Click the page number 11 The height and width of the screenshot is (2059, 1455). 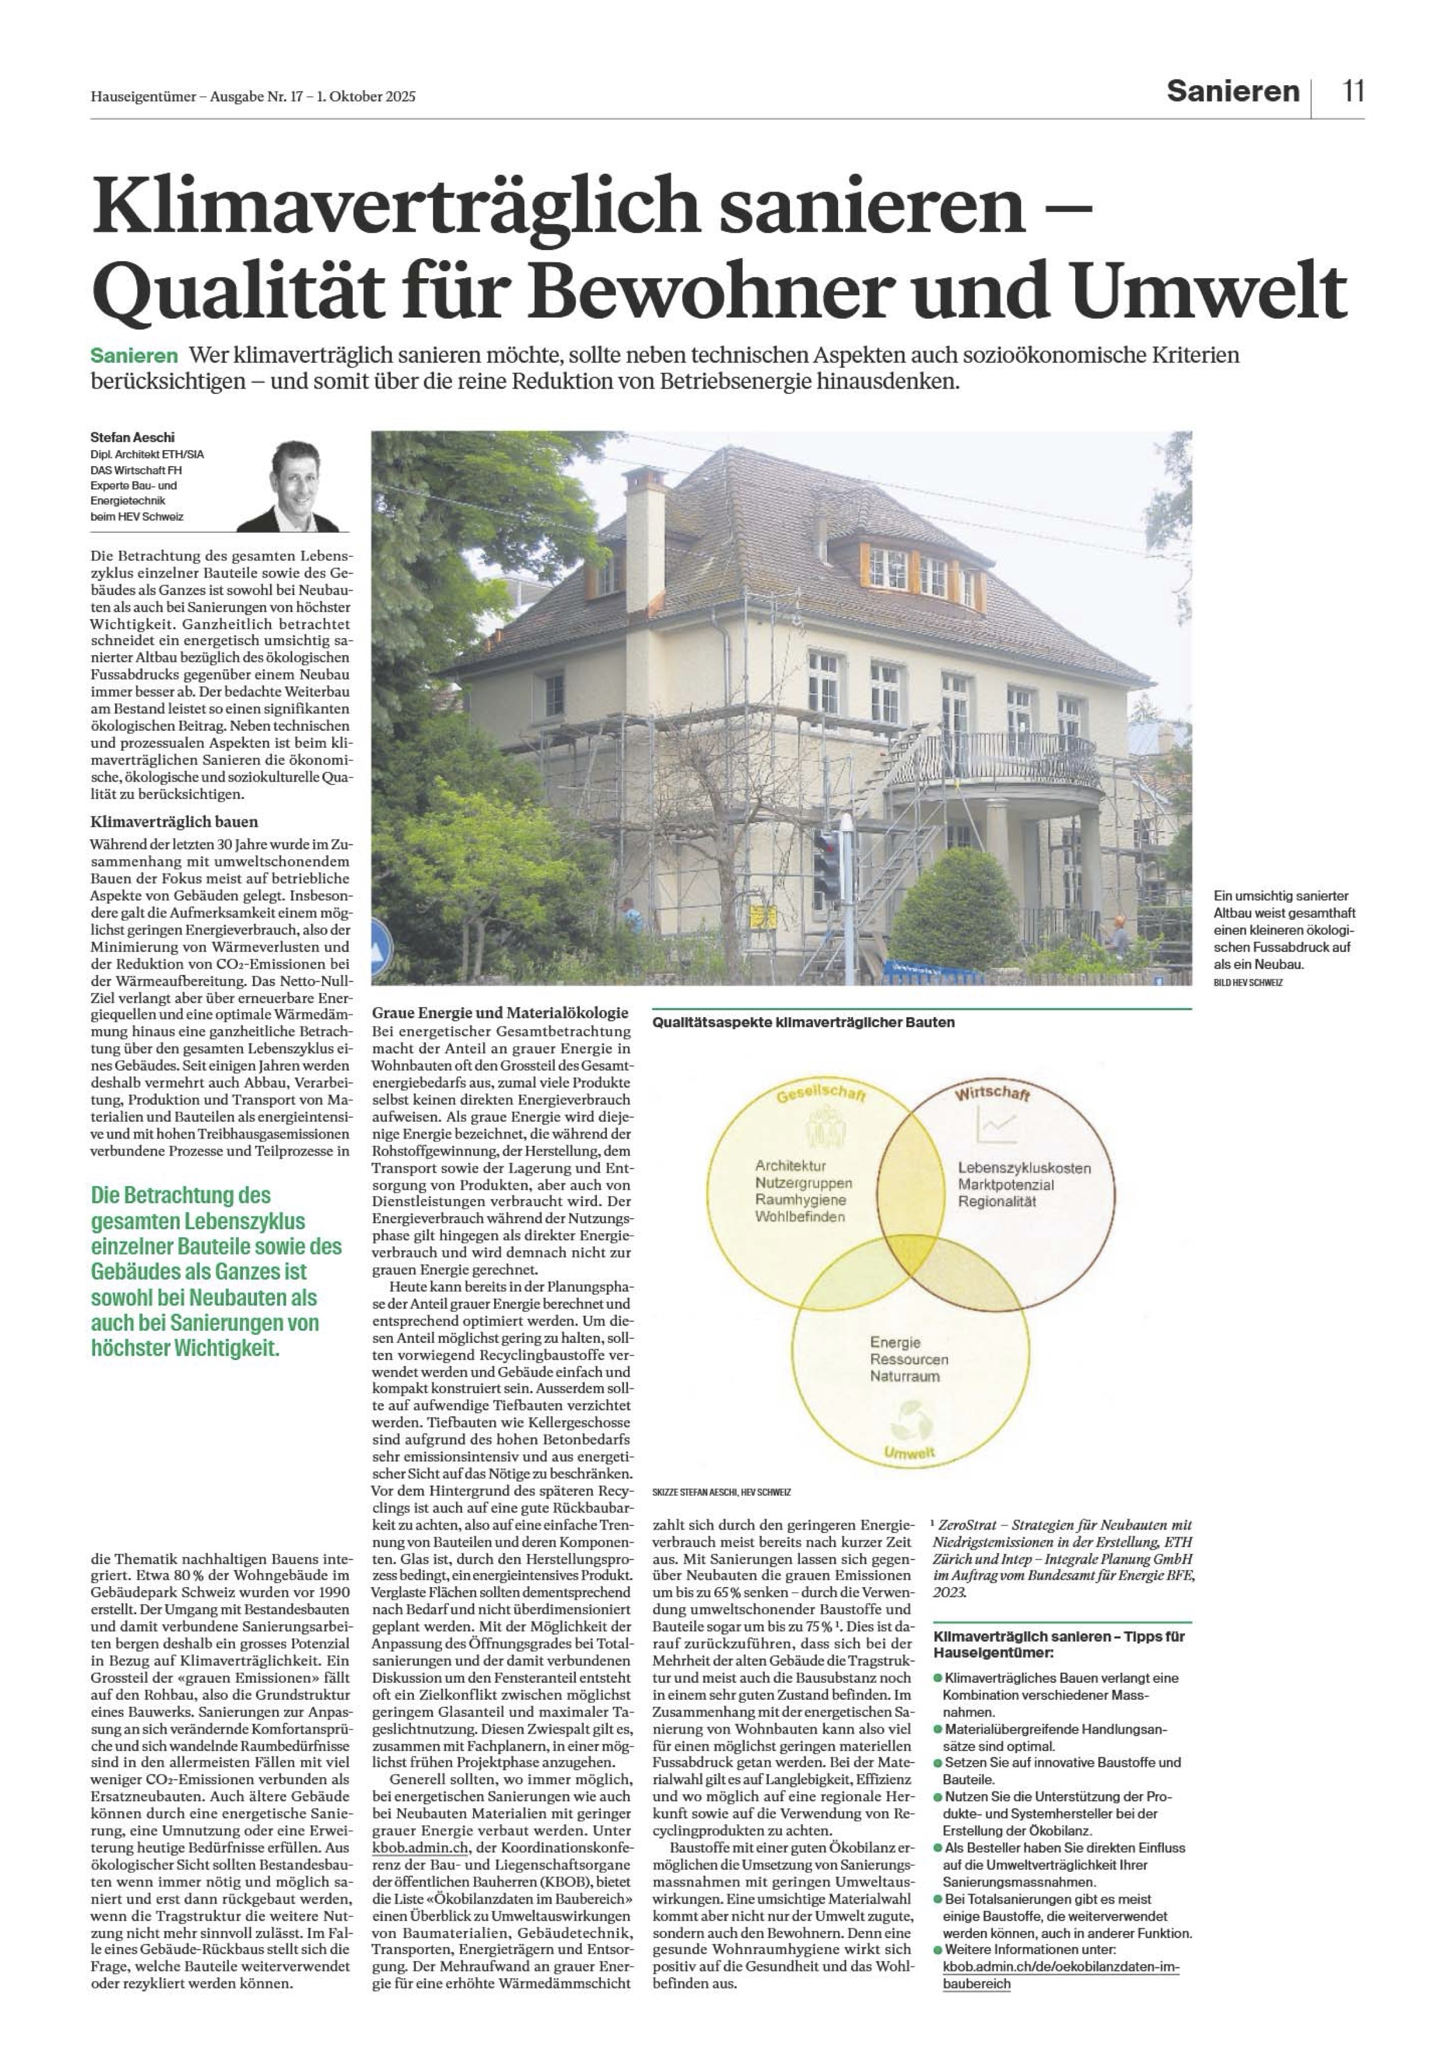click(x=1353, y=92)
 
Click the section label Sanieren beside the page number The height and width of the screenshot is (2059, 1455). click(x=1232, y=92)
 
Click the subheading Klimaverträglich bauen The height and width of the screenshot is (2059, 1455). click(x=174, y=822)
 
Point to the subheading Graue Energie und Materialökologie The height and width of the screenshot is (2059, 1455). click(x=499, y=1013)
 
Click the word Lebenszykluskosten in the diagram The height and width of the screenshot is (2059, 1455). click(x=1024, y=1169)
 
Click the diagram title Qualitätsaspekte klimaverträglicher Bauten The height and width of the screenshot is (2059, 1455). click(x=804, y=1022)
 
